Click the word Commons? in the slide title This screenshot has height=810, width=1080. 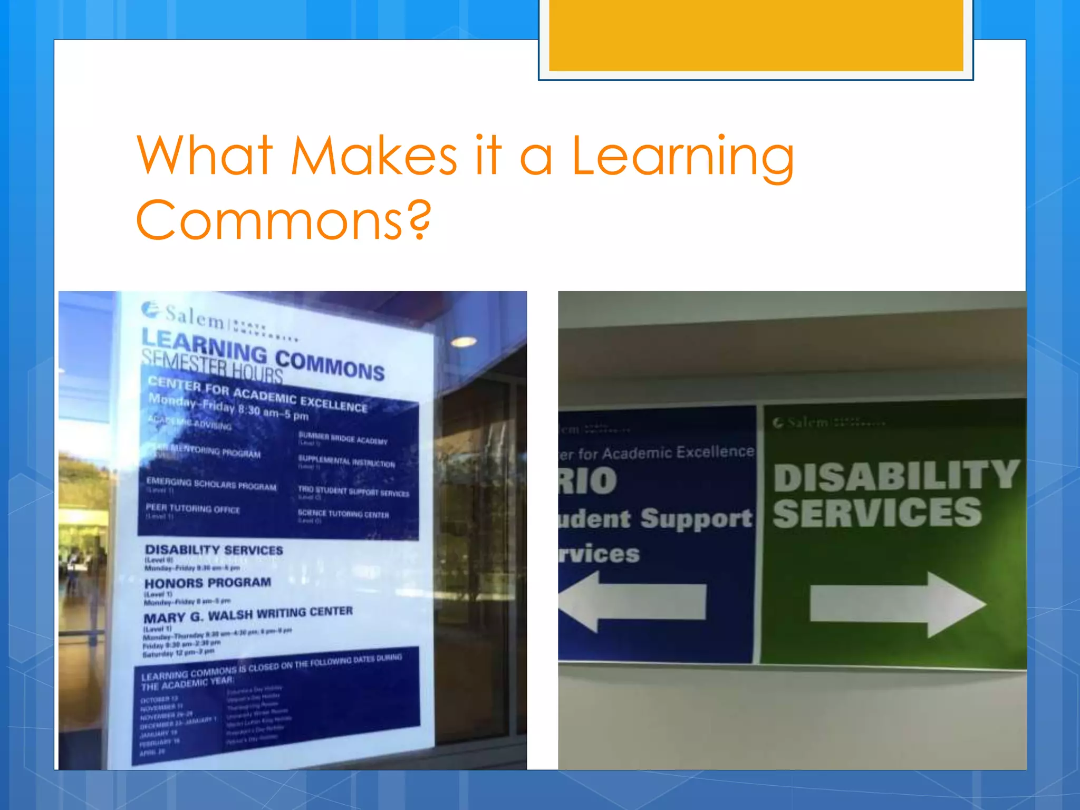(283, 219)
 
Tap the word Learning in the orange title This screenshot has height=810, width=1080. (682, 157)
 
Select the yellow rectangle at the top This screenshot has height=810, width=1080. (756, 35)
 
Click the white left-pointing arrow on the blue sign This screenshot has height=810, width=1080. (632, 601)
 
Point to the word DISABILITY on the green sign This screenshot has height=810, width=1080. (896, 476)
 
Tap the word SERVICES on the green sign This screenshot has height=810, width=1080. (877, 513)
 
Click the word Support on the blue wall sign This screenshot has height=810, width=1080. (696, 519)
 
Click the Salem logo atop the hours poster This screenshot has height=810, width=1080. (185, 315)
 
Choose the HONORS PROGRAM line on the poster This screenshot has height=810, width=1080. (208, 583)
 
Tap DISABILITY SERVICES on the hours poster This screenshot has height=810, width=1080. (214, 550)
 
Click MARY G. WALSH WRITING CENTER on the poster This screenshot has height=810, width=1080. (248, 615)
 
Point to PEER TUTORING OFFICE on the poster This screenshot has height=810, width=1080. (192, 508)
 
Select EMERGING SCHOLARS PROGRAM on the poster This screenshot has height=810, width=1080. (211, 484)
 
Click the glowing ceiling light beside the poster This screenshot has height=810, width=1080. (464, 342)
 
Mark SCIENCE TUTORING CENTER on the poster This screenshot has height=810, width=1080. (343, 514)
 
